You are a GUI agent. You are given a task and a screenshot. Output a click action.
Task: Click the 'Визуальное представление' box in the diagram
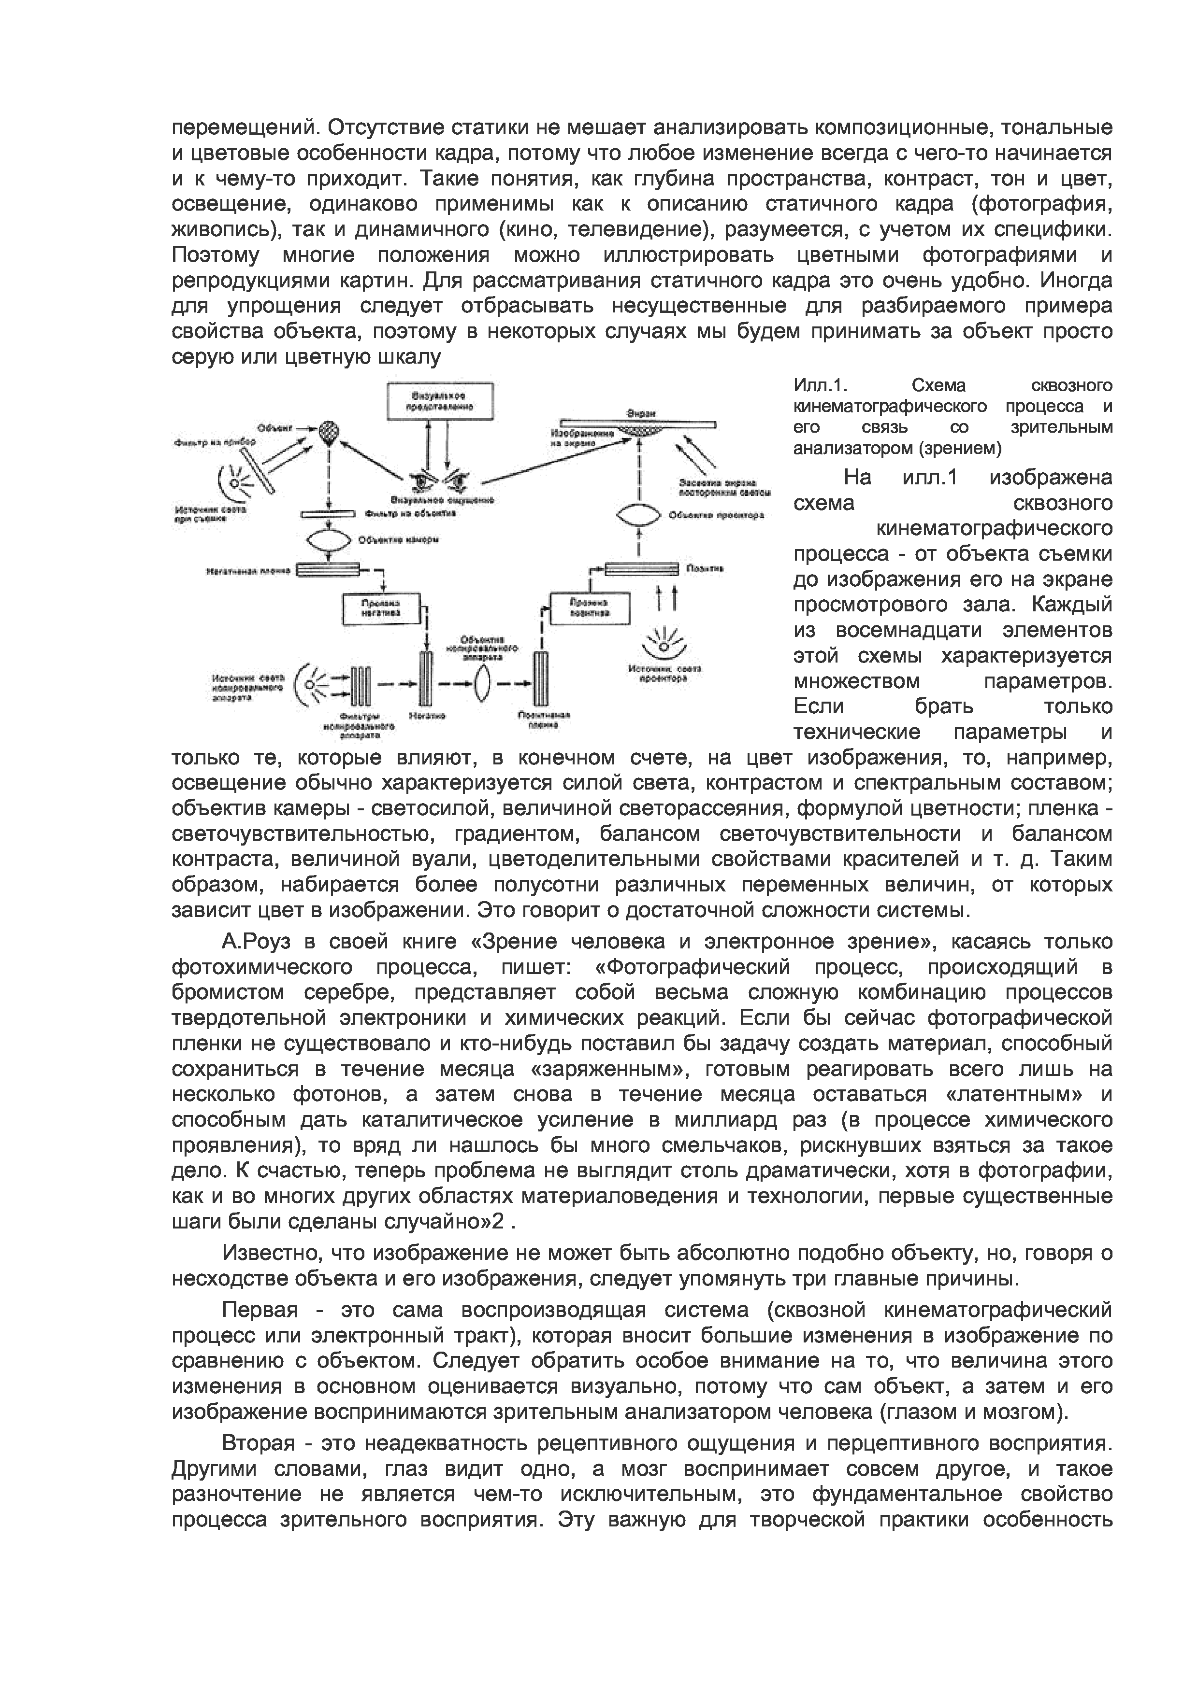[x=441, y=401]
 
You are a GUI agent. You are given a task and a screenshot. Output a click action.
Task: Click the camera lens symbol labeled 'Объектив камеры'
[x=328, y=539]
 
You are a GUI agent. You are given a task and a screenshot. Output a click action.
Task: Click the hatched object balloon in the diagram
[x=328, y=431]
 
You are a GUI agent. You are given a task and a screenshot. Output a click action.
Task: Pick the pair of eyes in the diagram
[x=441, y=480]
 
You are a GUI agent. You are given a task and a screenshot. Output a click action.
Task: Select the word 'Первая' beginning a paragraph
[x=260, y=1311]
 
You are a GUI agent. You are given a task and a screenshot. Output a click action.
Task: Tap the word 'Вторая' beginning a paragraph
[x=259, y=1443]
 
